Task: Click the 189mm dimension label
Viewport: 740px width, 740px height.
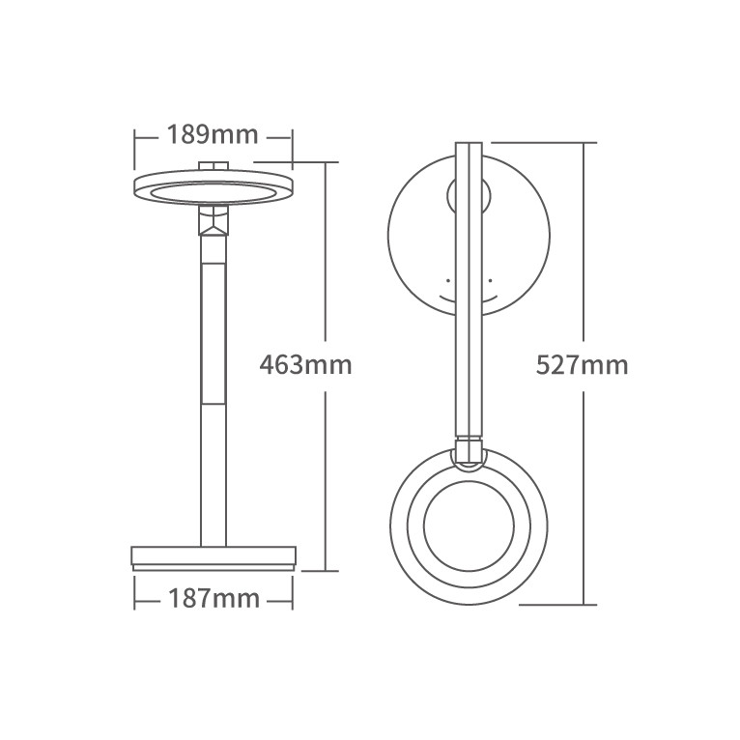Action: click(213, 135)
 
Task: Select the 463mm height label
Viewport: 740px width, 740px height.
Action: click(306, 365)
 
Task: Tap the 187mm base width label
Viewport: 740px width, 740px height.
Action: click(213, 599)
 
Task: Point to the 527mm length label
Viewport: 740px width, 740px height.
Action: click(583, 365)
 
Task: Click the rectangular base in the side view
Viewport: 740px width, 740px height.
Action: click(213, 558)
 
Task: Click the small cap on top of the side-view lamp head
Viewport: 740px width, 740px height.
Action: click(213, 165)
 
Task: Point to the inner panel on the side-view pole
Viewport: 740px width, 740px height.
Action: click(213, 333)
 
